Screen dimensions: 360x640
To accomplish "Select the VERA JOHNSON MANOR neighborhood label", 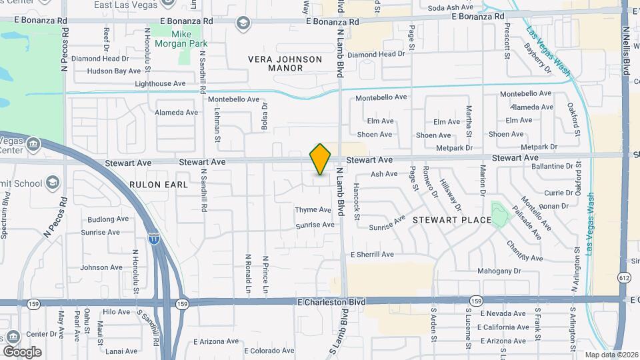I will coord(285,63).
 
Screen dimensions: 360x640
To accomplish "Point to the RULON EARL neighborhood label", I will coord(159,184).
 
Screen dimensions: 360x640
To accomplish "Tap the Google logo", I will coord(22,351).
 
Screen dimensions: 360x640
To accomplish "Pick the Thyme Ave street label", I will coord(313,210).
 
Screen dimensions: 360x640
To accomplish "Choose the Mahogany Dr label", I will coord(499,271).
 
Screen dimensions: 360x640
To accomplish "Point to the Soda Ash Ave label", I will coord(450,8).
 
